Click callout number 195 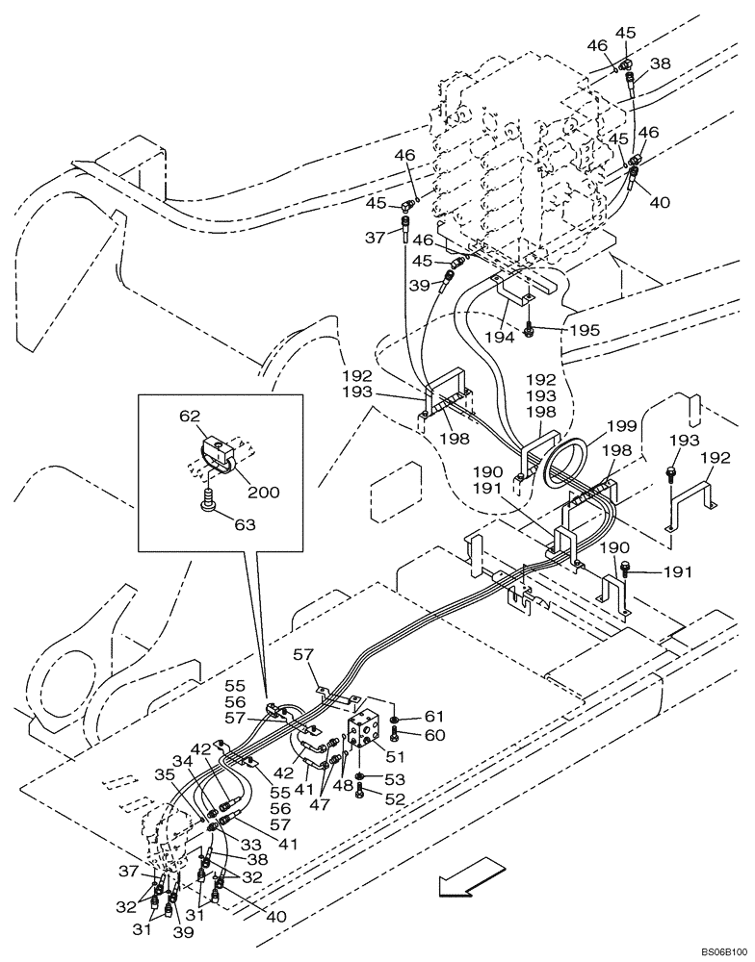tap(584, 330)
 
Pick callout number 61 tap(434, 717)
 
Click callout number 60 tap(434, 736)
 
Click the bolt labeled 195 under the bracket tap(530, 332)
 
